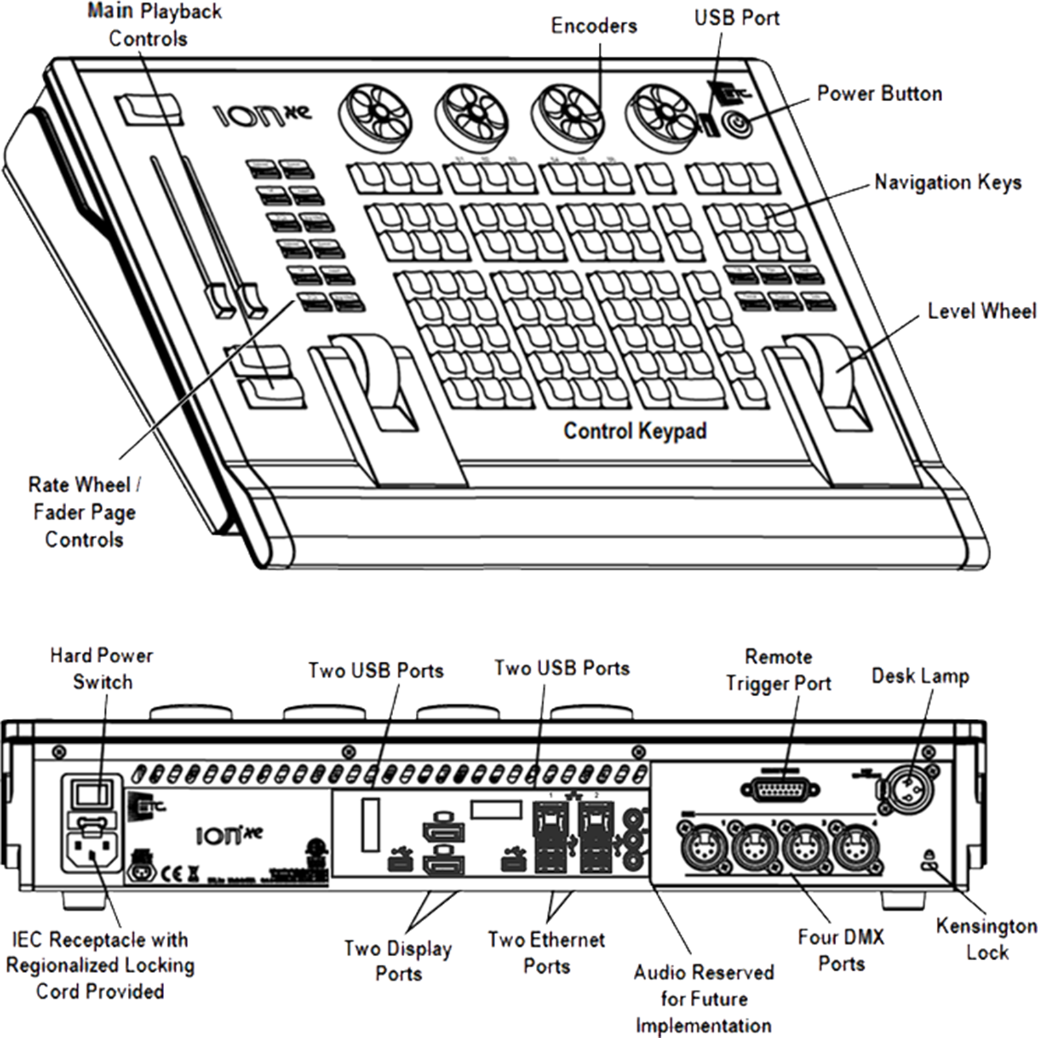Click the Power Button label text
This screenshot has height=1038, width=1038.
(879, 94)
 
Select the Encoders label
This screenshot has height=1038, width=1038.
(594, 26)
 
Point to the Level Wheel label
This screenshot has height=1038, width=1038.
(981, 311)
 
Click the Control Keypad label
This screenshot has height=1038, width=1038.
(634, 431)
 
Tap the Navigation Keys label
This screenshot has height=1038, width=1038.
(948, 183)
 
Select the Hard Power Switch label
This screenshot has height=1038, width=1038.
(102, 668)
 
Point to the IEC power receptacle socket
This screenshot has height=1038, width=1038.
(91, 849)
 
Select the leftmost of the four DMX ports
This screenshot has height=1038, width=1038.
(700, 848)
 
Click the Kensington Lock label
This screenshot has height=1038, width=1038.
(986, 939)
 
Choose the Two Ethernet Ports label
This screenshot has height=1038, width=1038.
(546, 952)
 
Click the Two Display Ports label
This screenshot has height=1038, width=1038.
(398, 961)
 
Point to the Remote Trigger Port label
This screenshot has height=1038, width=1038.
(778, 670)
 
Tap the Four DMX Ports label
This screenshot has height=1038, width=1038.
(841, 950)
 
